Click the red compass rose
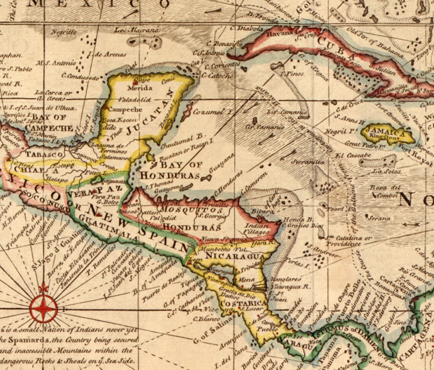coord(43,308)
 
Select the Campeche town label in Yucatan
coord(125,109)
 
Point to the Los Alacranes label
coord(137,30)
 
